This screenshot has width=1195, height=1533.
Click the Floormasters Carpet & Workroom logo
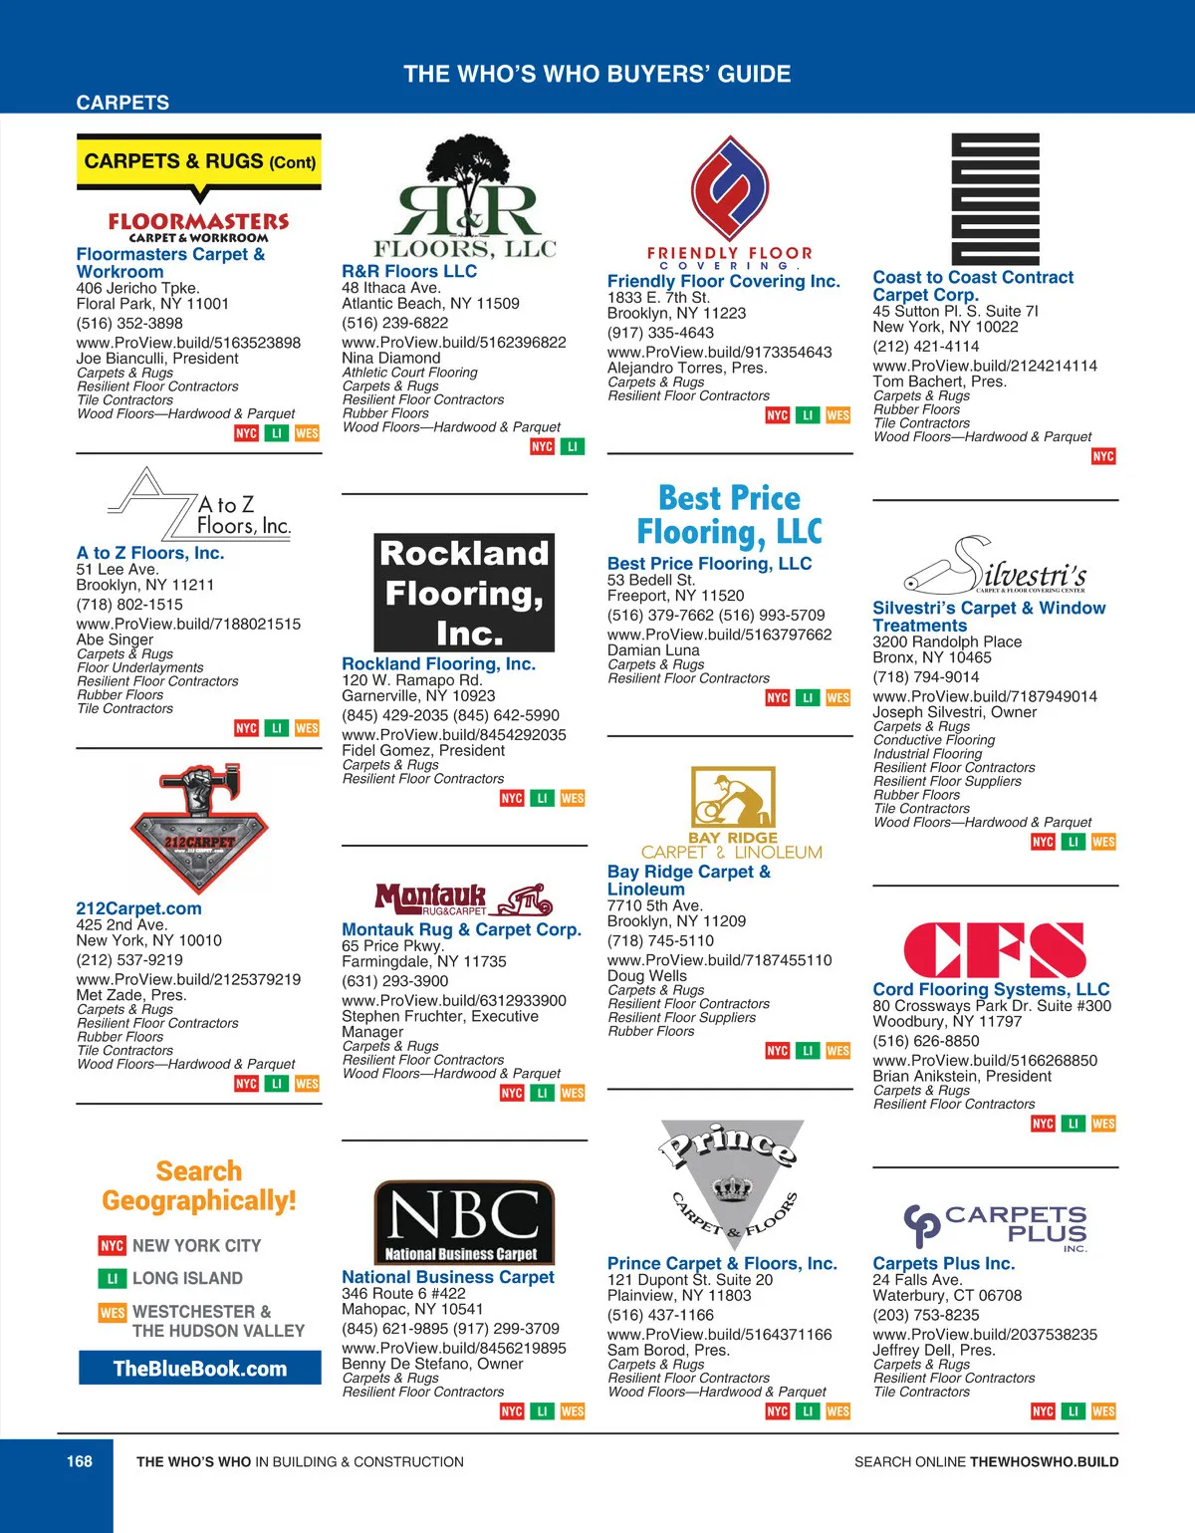198,226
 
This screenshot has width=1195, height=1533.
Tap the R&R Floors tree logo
464,197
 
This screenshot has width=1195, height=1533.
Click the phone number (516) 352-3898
129,323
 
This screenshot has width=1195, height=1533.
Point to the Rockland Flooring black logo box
464,593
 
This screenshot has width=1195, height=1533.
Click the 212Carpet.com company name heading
138,908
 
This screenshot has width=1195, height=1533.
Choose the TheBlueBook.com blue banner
200,1368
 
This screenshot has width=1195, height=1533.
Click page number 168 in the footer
80,1461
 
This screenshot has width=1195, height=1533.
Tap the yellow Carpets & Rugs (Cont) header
199,161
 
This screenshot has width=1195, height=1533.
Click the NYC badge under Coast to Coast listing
1103,456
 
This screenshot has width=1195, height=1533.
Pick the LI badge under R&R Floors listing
573,446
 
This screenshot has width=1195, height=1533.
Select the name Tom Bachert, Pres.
939,382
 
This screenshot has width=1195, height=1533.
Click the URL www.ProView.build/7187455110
719,960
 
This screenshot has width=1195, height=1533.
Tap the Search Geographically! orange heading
199,1185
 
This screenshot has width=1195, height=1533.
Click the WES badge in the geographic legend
112,1313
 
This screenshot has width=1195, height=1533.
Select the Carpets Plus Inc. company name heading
943,1263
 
